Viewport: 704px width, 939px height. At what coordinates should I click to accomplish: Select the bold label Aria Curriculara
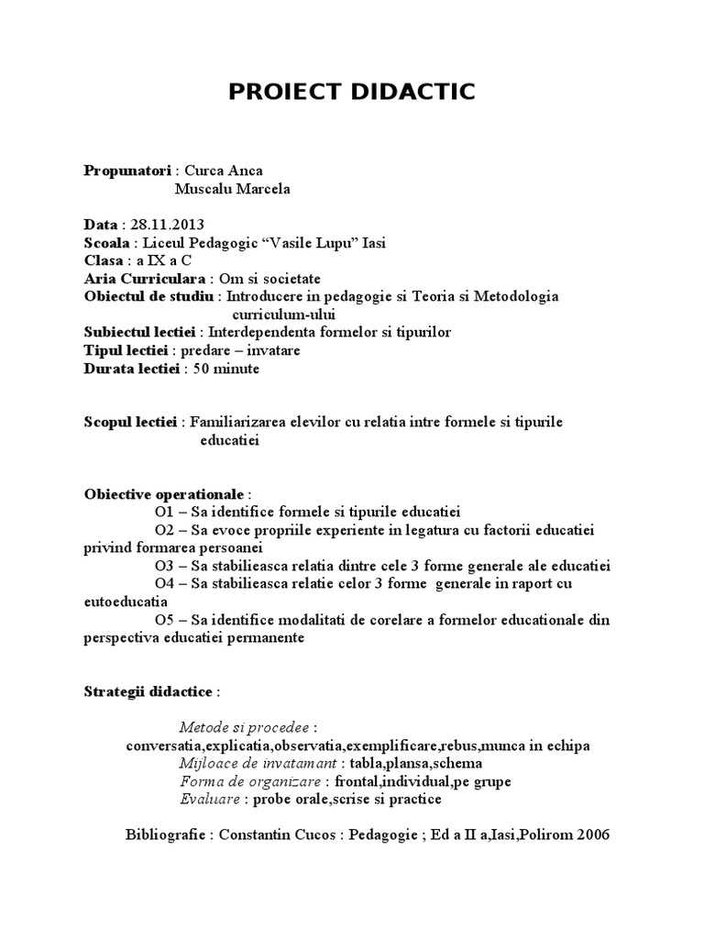coord(146,279)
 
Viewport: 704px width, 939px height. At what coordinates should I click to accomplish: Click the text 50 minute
coord(225,370)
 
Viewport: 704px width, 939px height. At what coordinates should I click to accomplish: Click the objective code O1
coord(166,511)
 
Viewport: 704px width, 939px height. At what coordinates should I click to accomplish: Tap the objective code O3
coord(166,566)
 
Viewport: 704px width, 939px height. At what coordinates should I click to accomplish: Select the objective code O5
coord(166,621)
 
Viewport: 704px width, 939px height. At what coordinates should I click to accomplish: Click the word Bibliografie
coord(165,836)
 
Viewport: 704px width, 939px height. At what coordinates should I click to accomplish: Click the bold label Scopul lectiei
coord(131,423)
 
